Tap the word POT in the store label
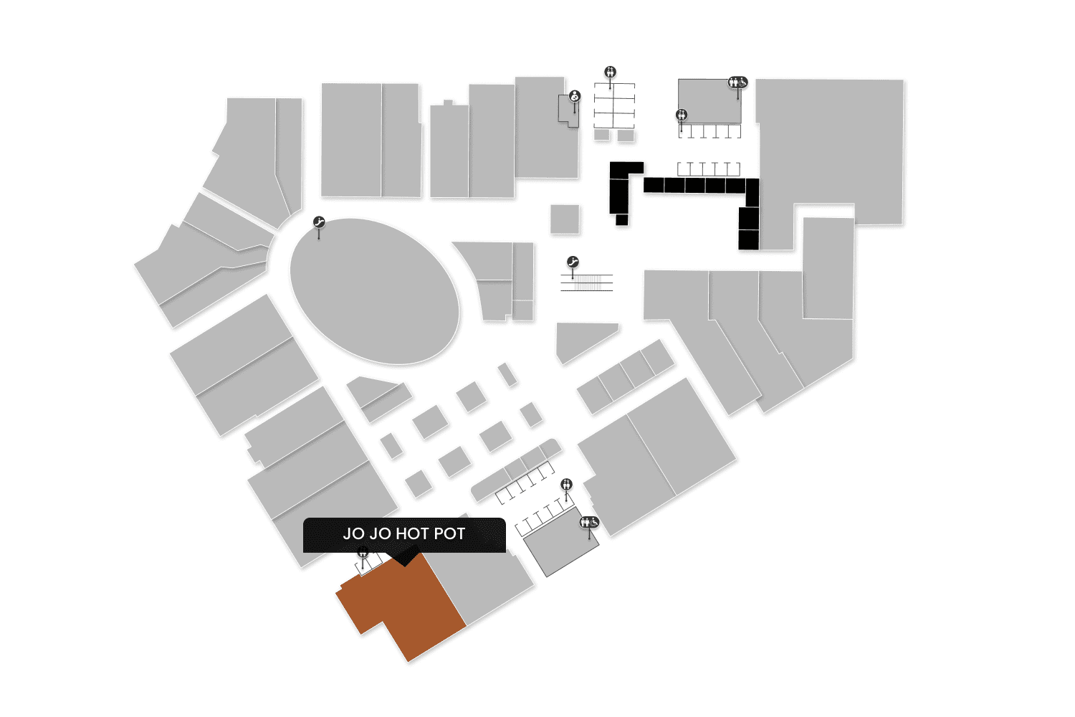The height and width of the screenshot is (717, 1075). (x=449, y=534)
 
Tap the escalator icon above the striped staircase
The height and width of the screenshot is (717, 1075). (x=573, y=262)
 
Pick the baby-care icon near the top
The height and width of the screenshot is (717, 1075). (x=574, y=96)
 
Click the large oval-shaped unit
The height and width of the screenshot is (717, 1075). (x=374, y=290)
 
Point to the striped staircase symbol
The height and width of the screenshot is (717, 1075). (x=587, y=282)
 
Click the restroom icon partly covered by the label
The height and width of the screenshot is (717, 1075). (x=363, y=551)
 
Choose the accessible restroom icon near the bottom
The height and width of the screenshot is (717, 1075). (x=589, y=522)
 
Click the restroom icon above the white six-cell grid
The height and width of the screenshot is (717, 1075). (x=610, y=72)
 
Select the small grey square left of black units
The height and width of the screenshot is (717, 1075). (x=565, y=219)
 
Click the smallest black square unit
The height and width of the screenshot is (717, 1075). (x=621, y=219)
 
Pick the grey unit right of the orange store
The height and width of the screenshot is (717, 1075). (x=484, y=584)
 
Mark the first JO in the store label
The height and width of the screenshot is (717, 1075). (x=353, y=534)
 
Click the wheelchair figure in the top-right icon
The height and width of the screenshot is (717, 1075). (x=742, y=82)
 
